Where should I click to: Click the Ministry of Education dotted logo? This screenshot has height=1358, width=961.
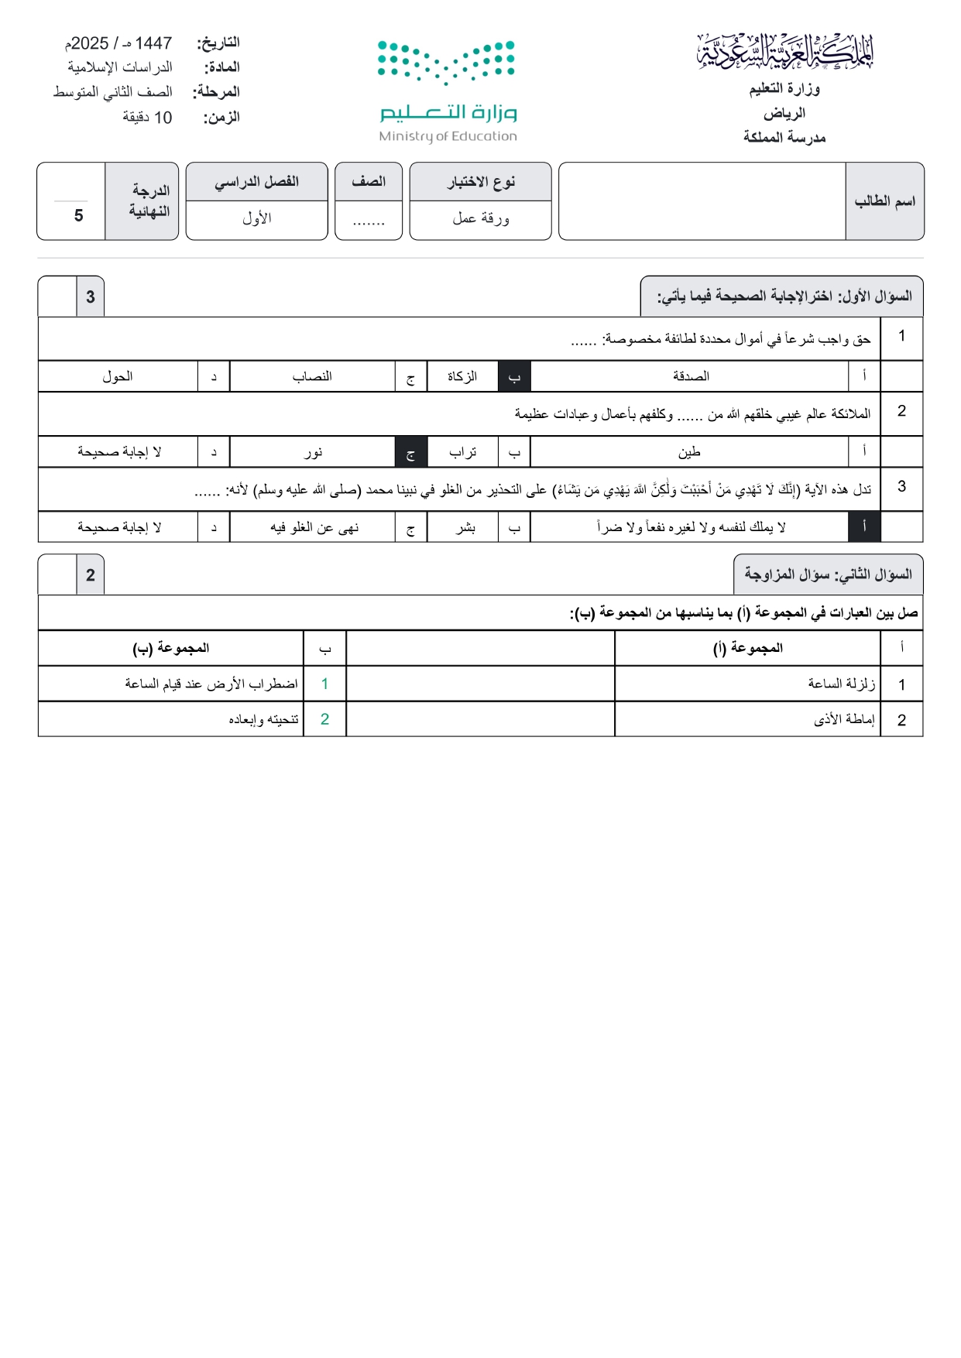pos(446,62)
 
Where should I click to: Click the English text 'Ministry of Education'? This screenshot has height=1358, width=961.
pos(448,136)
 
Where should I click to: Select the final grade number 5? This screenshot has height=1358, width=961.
pos(78,215)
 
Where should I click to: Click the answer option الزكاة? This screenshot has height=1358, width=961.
pos(462,376)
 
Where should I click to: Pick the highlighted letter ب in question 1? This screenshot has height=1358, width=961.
pos(514,376)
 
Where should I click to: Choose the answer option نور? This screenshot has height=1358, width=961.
pos(313,452)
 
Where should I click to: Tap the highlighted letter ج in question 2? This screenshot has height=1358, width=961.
pos(411,452)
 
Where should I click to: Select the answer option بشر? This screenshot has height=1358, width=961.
pos(465,527)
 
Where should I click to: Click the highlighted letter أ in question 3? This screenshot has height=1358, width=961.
pos(865,527)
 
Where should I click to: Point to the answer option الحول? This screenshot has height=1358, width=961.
pos(118,376)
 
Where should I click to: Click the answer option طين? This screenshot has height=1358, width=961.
pos(689,452)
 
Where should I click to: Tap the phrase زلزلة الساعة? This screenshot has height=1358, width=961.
pos(841,684)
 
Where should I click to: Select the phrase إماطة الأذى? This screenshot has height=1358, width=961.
pos(844,719)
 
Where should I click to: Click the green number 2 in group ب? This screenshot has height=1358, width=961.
pos(325,719)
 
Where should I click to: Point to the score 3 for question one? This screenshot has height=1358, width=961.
pos(91,297)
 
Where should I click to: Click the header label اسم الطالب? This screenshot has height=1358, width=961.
pos(884,201)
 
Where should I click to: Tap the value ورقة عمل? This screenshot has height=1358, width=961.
pos(481,219)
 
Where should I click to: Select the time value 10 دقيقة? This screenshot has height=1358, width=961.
pos(147,118)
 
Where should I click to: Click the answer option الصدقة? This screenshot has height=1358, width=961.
pos(691,376)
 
